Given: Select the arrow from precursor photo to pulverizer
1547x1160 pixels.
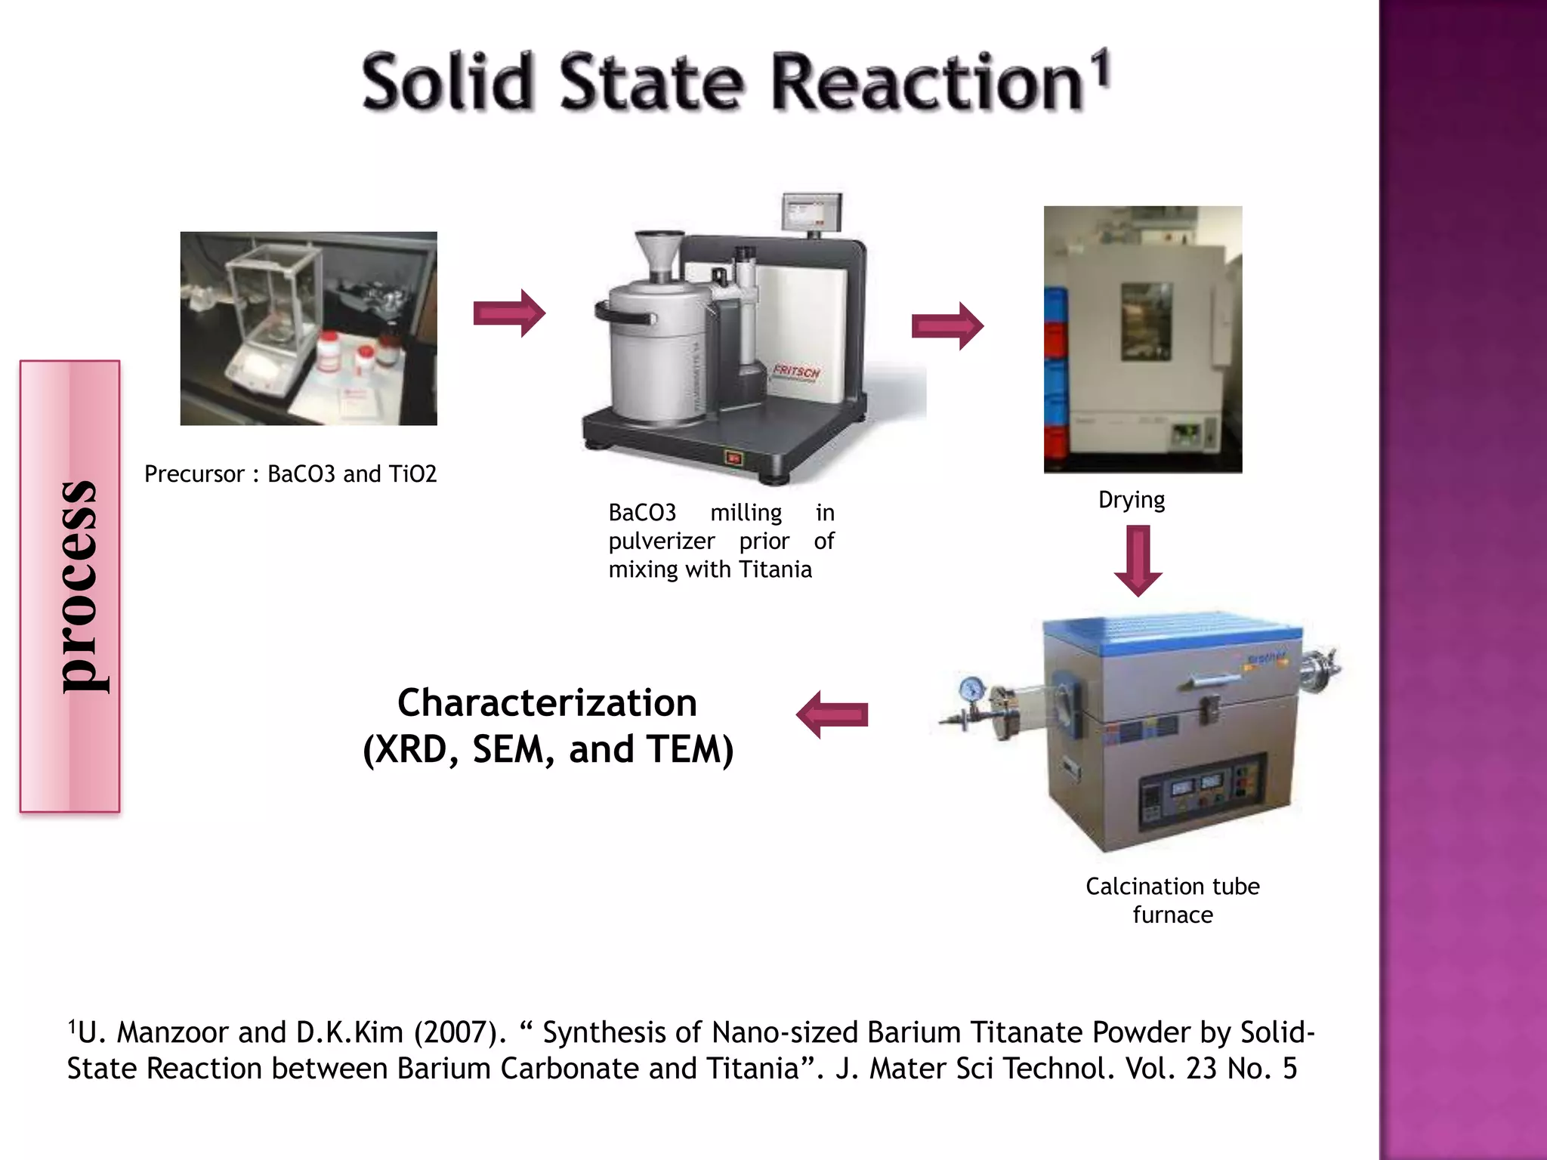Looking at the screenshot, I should (x=509, y=313).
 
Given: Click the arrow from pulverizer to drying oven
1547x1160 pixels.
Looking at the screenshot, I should (x=947, y=326).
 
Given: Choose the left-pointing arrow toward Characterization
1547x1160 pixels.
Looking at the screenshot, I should (x=832, y=714).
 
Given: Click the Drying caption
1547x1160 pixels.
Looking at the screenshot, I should (x=1132, y=500).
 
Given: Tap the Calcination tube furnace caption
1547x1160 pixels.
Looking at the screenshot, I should (x=1172, y=900).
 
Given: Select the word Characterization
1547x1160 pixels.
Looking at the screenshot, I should (x=547, y=703).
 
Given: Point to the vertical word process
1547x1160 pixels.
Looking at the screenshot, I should (x=78, y=586).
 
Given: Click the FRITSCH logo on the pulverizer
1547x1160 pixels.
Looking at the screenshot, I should (x=796, y=372).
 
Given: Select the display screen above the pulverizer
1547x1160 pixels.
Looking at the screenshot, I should (x=811, y=211).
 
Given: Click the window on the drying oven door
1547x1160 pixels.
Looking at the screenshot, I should (x=1146, y=322).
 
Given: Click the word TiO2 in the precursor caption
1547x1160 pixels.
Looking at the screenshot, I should (x=412, y=474).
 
